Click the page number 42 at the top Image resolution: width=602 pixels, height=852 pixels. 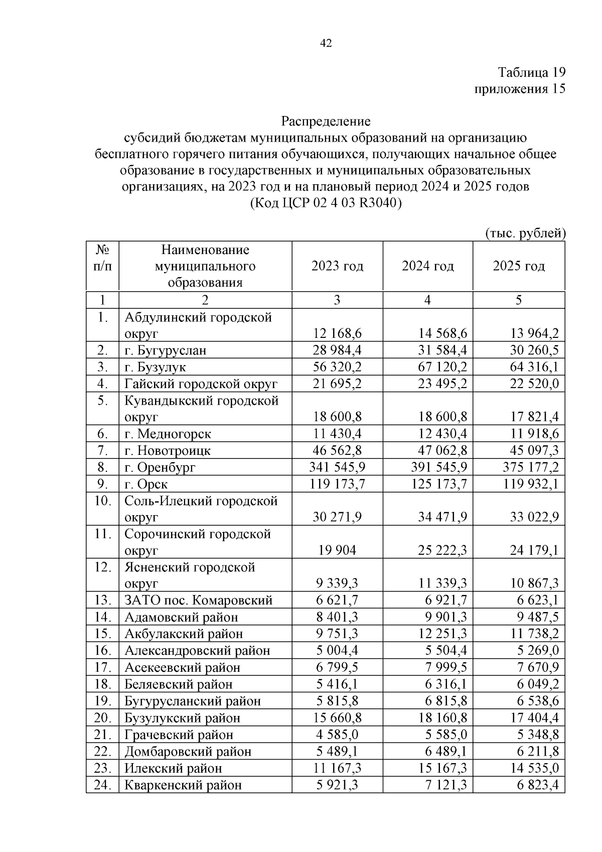(326, 44)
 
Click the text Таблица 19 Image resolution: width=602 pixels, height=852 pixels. (531, 72)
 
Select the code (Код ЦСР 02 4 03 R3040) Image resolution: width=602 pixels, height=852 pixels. (326, 203)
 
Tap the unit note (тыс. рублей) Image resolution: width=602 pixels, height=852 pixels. (525, 233)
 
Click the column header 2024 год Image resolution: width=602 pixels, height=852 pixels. (427, 266)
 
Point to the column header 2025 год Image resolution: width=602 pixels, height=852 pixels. (518, 266)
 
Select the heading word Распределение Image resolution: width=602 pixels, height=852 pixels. (326, 121)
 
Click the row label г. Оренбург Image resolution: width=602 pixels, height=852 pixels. (160, 467)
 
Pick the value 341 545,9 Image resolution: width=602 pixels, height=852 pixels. (337, 467)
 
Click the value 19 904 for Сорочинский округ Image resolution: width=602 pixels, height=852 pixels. (337, 550)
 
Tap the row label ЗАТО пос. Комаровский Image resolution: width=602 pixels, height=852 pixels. (199, 600)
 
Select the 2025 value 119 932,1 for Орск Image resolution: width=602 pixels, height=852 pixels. (531, 484)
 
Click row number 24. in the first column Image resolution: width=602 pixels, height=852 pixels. (102, 785)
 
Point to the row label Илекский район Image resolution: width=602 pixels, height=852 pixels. (173, 768)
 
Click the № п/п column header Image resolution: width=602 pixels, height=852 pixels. (102, 258)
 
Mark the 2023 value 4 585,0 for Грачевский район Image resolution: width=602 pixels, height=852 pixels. (337, 735)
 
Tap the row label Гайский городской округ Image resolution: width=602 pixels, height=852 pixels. (201, 384)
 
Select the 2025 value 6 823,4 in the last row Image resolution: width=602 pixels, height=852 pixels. (538, 785)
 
